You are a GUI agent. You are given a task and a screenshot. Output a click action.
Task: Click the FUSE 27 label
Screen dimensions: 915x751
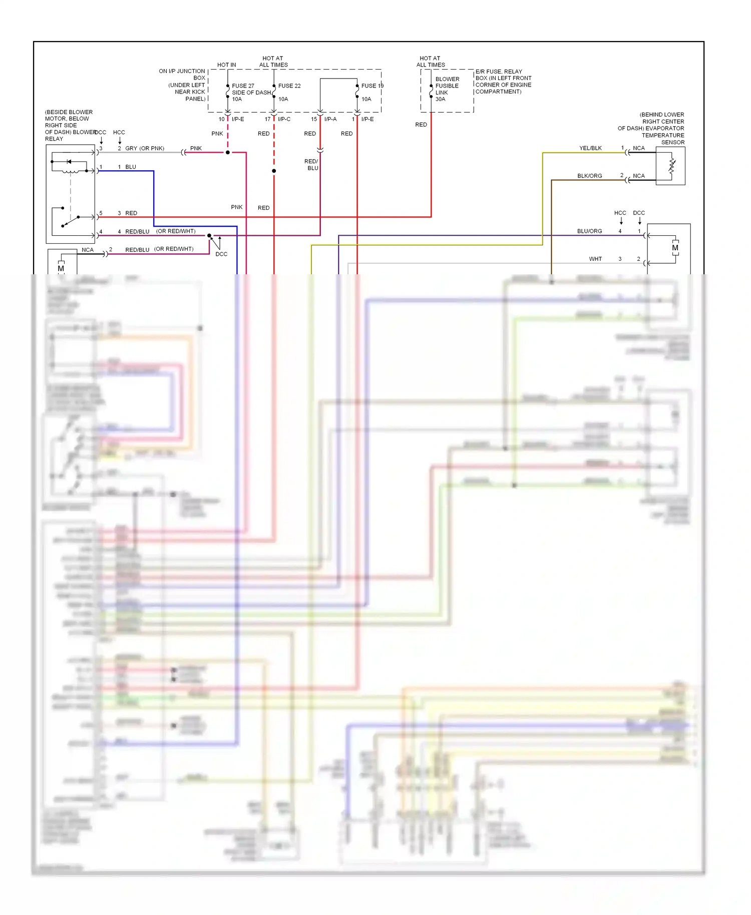pyautogui.click(x=243, y=86)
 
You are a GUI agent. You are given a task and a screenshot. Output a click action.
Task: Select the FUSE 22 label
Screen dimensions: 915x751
pyautogui.click(x=289, y=86)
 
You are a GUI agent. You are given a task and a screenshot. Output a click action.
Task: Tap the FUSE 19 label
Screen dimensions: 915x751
pyautogui.click(x=372, y=86)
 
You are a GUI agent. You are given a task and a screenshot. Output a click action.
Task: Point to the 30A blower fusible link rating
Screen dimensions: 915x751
pyautogui.click(x=440, y=99)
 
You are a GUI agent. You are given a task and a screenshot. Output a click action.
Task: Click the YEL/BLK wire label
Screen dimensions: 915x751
pyautogui.click(x=590, y=148)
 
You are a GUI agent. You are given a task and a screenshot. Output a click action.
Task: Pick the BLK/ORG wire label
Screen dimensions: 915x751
pyautogui.click(x=589, y=176)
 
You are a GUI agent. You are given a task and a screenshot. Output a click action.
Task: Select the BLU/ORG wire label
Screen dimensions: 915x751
pyautogui.click(x=589, y=231)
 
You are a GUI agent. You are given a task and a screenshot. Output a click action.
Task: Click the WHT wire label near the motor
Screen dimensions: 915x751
pyautogui.click(x=595, y=259)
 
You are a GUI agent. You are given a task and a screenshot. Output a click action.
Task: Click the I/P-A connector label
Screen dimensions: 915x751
pyautogui.click(x=330, y=119)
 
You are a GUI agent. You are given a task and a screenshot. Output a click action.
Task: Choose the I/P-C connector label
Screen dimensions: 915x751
pyautogui.click(x=284, y=119)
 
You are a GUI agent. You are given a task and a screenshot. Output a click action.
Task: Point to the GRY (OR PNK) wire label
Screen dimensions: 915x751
pyautogui.click(x=145, y=148)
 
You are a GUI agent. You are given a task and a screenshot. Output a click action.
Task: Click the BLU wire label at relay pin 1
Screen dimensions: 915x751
pyautogui.click(x=131, y=167)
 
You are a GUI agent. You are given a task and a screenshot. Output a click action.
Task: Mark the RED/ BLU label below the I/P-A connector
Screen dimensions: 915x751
pyautogui.click(x=311, y=165)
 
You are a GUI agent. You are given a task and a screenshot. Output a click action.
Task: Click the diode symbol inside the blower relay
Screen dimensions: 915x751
pyautogui.click(x=69, y=162)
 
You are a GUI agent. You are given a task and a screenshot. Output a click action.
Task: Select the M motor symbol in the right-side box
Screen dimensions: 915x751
pyautogui.click(x=675, y=248)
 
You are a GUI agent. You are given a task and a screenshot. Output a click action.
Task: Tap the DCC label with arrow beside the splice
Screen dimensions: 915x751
pyautogui.click(x=221, y=254)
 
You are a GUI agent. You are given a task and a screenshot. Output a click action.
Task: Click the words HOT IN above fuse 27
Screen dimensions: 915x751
pyautogui.click(x=226, y=65)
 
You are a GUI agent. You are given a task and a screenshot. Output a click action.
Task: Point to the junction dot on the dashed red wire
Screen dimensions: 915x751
pyautogui.click(x=274, y=171)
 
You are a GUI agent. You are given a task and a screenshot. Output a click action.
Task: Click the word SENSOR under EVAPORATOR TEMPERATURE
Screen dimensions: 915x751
pyautogui.click(x=672, y=143)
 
